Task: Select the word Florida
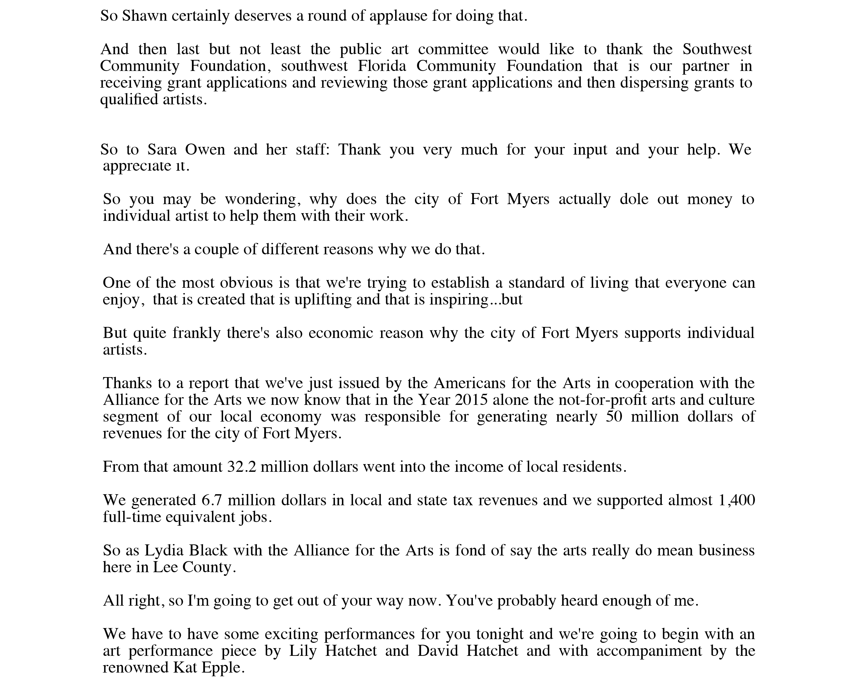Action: coord(382,66)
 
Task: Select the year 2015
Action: coord(471,400)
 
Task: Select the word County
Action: coord(207,567)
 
